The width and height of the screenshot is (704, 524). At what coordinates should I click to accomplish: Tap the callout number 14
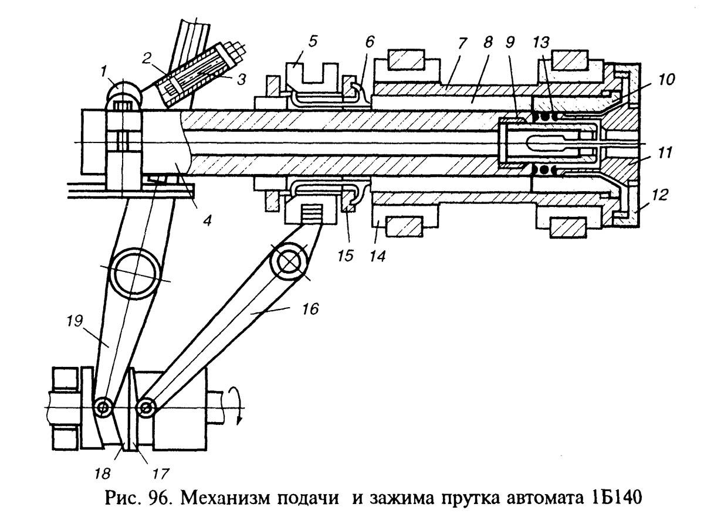point(376,256)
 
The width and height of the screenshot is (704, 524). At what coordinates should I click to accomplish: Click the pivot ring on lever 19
point(136,273)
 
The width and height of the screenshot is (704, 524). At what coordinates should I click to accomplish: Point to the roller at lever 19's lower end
point(104,406)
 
